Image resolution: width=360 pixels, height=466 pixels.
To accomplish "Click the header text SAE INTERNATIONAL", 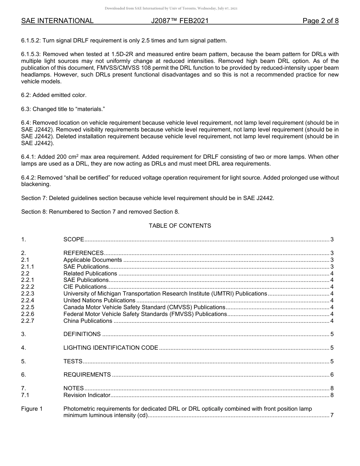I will point(57,21).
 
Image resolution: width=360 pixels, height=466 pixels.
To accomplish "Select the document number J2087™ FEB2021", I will point(180,21).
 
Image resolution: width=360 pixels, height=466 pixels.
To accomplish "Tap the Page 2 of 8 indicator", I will point(320,21).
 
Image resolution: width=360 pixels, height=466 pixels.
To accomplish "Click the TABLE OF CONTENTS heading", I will point(180,226).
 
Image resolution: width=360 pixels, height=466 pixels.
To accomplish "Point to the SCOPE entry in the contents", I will point(74,239).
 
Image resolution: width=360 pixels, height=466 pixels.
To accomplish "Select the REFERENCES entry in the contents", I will point(83,253).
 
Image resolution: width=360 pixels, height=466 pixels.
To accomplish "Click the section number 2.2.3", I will point(28,294).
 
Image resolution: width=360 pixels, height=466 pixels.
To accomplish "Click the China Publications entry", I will point(88,321).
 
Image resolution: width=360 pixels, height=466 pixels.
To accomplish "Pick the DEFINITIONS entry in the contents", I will point(82,334).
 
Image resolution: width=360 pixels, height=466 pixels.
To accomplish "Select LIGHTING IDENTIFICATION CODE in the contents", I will point(111,348).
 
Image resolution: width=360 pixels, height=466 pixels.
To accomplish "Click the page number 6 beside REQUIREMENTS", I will point(332,375).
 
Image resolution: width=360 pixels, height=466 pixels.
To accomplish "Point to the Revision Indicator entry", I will point(87,395).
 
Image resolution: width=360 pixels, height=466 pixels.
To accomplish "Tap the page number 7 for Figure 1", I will point(332,416).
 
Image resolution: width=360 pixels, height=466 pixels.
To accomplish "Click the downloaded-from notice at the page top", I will point(171,8).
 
